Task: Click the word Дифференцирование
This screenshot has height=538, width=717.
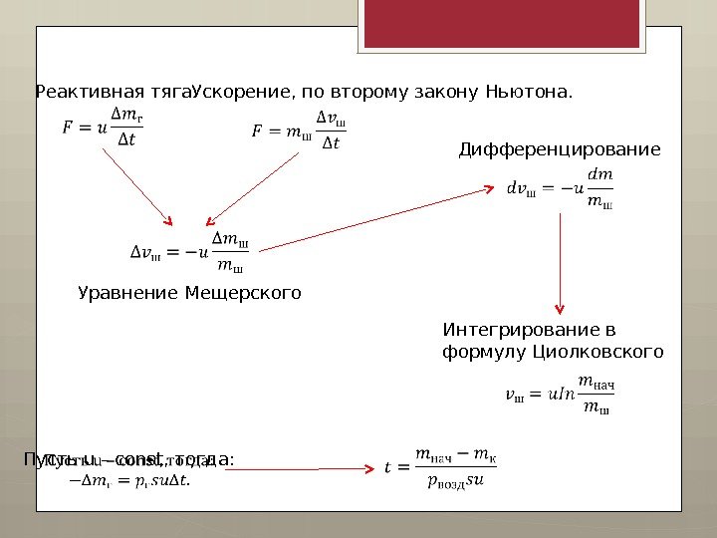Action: (559, 150)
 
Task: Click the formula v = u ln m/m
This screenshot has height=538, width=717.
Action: (561, 396)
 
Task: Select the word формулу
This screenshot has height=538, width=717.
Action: (485, 352)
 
